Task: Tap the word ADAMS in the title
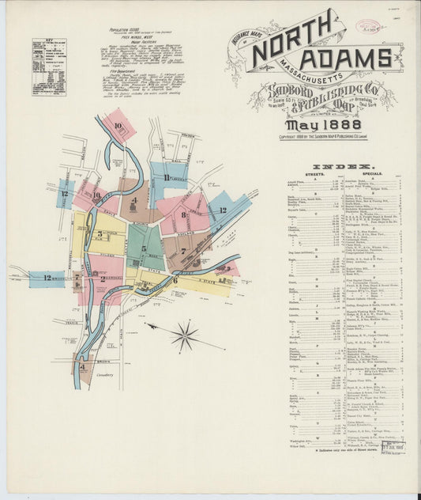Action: tap(346, 58)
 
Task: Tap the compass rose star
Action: tap(185, 335)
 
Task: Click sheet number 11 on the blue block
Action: tap(167, 178)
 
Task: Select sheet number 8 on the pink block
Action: tap(183, 214)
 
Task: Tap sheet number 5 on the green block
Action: tap(144, 248)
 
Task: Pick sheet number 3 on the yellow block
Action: tap(100, 234)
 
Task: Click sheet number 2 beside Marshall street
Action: tap(103, 278)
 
